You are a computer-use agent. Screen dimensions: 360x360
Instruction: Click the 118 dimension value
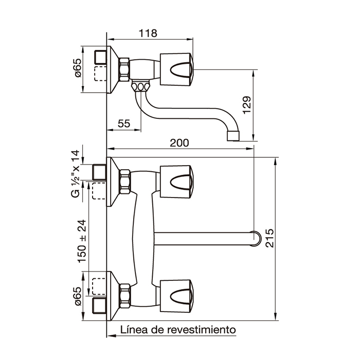click(148, 33)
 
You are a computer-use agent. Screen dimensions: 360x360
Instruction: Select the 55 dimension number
click(124, 123)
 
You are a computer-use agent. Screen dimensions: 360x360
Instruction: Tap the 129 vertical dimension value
click(247, 105)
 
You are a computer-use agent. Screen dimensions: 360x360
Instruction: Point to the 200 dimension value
click(179, 143)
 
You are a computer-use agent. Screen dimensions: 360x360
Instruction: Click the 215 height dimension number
click(269, 238)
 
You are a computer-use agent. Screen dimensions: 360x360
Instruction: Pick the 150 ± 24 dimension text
click(82, 241)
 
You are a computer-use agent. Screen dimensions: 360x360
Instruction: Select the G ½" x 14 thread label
click(75, 174)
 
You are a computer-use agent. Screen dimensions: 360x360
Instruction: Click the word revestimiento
click(201, 330)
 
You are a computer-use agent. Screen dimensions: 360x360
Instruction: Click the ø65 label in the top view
click(77, 68)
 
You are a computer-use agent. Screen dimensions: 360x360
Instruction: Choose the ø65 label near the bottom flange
click(77, 296)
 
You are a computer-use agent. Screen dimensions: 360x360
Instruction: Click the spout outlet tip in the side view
click(233, 136)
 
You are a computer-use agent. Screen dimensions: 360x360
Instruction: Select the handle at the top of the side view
click(176, 70)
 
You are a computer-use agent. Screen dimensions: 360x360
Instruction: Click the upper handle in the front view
click(176, 182)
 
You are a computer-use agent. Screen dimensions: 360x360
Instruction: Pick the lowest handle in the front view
click(176, 296)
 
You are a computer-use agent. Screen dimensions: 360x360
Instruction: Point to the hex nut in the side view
click(124, 69)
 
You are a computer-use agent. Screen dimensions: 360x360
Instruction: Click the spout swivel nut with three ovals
click(140, 87)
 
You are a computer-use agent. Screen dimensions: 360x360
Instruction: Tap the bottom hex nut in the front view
click(124, 296)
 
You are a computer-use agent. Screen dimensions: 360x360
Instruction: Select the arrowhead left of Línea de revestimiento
click(112, 336)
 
